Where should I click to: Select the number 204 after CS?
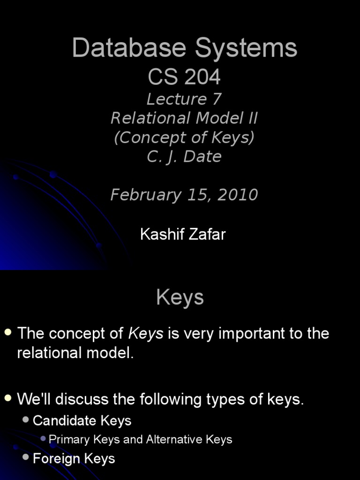coord(202,77)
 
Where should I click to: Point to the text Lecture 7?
coord(184,99)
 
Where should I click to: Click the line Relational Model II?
coord(184,118)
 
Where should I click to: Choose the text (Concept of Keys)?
coord(184,137)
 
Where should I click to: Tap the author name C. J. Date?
coord(184,157)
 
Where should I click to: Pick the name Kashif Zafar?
coord(183,234)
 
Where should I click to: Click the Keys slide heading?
coord(180,297)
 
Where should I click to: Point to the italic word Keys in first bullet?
coord(146,333)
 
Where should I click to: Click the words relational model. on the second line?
coord(75,353)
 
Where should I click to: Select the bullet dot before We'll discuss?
coord(8,398)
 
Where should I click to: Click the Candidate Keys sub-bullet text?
coord(82,420)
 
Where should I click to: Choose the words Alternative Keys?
coord(189,439)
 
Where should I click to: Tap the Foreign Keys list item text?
coord(74,458)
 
